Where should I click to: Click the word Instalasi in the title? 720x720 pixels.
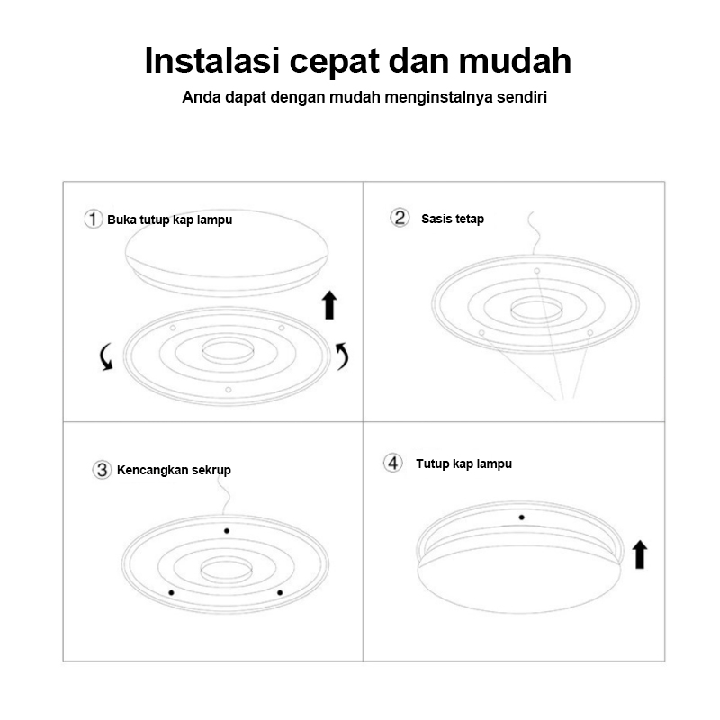pos(211,60)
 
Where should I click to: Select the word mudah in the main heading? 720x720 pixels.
pos(515,60)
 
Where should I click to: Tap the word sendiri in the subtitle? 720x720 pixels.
pos(522,97)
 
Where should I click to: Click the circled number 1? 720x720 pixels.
pos(94,219)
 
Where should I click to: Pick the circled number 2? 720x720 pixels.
pos(400,218)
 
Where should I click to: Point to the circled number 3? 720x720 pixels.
pos(102,470)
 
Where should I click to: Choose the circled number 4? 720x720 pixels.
pos(393,463)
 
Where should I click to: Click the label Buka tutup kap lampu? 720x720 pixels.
pos(169,220)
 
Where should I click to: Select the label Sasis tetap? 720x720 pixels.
pos(453,219)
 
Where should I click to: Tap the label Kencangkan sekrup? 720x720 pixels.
pos(174,470)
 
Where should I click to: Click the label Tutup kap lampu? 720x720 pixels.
pos(463,463)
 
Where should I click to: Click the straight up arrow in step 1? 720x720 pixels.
pos(329,304)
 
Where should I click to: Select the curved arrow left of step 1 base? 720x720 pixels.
pos(106,356)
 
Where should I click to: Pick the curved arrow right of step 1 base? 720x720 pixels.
pos(342,355)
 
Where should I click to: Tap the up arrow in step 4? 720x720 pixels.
pos(640,554)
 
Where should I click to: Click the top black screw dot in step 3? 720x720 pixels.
pos(227,531)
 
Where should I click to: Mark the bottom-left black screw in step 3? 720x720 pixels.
pos(171,593)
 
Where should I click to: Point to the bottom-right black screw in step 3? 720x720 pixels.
pos(280,593)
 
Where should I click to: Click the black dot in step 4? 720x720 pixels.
pos(522,517)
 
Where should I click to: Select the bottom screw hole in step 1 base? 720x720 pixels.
pos(229,390)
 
